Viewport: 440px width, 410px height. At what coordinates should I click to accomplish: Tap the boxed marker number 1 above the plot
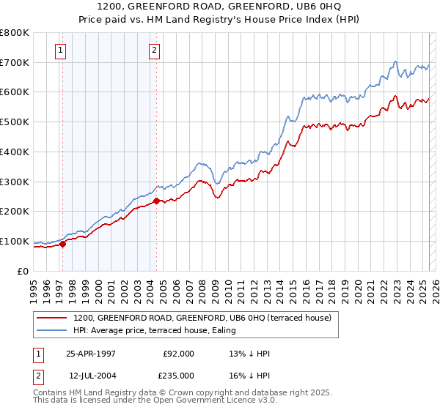pos(59,51)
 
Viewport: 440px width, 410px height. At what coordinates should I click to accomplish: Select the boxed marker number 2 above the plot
pos(155,51)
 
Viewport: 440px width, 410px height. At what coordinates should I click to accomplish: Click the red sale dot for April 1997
pos(63,244)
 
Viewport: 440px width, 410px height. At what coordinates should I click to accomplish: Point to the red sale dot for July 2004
pos(157,201)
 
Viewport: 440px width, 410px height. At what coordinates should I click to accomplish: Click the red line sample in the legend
pos(53,318)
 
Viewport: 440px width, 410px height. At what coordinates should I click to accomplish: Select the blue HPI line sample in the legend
pos(53,330)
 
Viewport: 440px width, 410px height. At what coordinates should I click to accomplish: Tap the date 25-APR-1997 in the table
pos(91,354)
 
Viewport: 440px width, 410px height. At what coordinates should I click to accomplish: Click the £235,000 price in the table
pos(178,376)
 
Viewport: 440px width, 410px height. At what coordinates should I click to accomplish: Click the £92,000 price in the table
pos(178,354)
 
